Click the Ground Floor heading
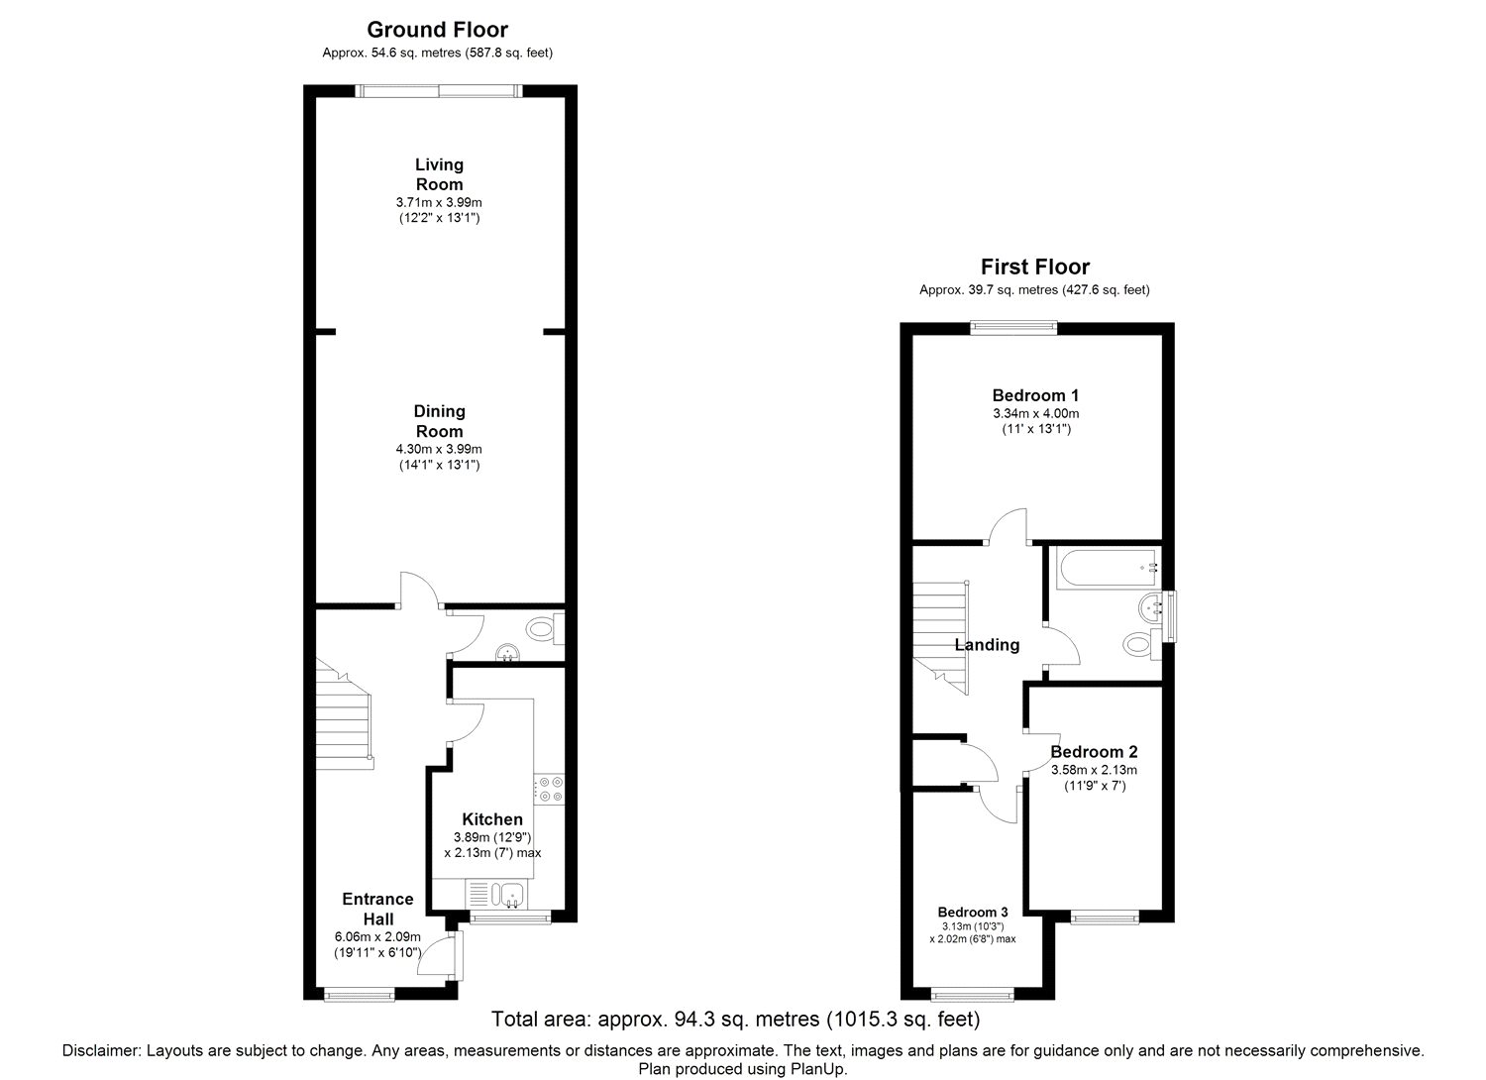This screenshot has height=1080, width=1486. [x=437, y=30]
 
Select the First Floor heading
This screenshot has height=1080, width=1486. [x=1035, y=267]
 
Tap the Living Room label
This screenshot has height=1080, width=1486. [x=439, y=173]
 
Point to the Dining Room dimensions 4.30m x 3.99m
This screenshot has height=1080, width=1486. [x=439, y=449]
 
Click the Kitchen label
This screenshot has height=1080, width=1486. [x=492, y=819]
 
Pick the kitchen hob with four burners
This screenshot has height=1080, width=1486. [x=549, y=790]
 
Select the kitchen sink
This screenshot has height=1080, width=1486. [x=507, y=895]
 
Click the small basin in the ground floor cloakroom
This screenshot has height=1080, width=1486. [x=508, y=653]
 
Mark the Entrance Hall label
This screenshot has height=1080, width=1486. [x=378, y=909]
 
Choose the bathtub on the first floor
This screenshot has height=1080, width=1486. [x=1110, y=568]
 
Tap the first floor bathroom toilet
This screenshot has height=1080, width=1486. [x=1142, y=643]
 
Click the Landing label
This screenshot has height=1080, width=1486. [x=987, y=645]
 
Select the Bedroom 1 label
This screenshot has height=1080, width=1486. [x=1035, y=395]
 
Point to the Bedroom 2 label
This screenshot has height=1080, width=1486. [x=1094, y=752]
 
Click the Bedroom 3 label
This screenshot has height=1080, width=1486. [x=973, y=913]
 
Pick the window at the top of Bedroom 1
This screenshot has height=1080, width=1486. [x=1013, y=327]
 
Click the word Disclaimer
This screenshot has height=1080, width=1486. [x=101, y=1051]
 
